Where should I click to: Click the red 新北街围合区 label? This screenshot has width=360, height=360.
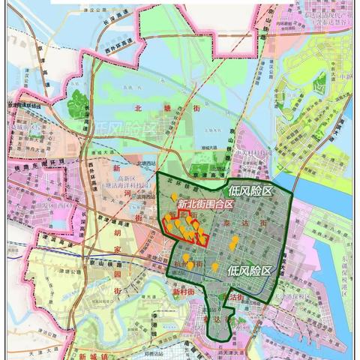coord(206,203)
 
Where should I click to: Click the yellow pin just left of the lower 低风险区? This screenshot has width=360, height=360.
coord(215,267)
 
